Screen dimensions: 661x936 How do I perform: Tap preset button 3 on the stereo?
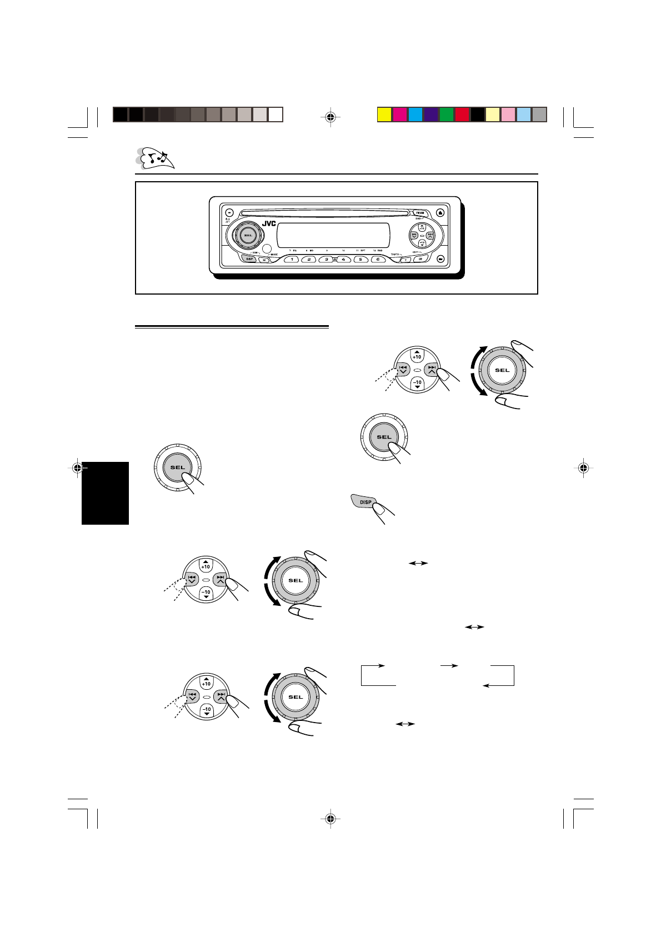click(327, 259)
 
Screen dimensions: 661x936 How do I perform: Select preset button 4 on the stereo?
click(344, 259)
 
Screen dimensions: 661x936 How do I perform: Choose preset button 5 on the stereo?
click(361, 259)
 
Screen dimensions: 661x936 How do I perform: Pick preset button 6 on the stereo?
click(378, 259)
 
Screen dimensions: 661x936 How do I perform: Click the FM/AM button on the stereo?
click(419, 212)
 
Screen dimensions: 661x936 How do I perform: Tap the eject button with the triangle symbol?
click(440, 212)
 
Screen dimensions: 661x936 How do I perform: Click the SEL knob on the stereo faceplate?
click(247, 237)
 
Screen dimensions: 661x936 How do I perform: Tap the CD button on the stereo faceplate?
click(420, 259)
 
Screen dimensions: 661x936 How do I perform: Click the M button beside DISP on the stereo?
click(264, 260)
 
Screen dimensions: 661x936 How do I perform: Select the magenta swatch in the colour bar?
click(400, 114)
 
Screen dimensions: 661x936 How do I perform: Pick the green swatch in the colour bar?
click(447, 114)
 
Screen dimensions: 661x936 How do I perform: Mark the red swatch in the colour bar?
click(462, 114)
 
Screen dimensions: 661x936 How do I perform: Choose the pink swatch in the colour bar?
click(509, 114)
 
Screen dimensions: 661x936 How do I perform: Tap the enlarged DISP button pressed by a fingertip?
click(364, 502)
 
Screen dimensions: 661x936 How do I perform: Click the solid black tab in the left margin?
click(105, 493)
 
